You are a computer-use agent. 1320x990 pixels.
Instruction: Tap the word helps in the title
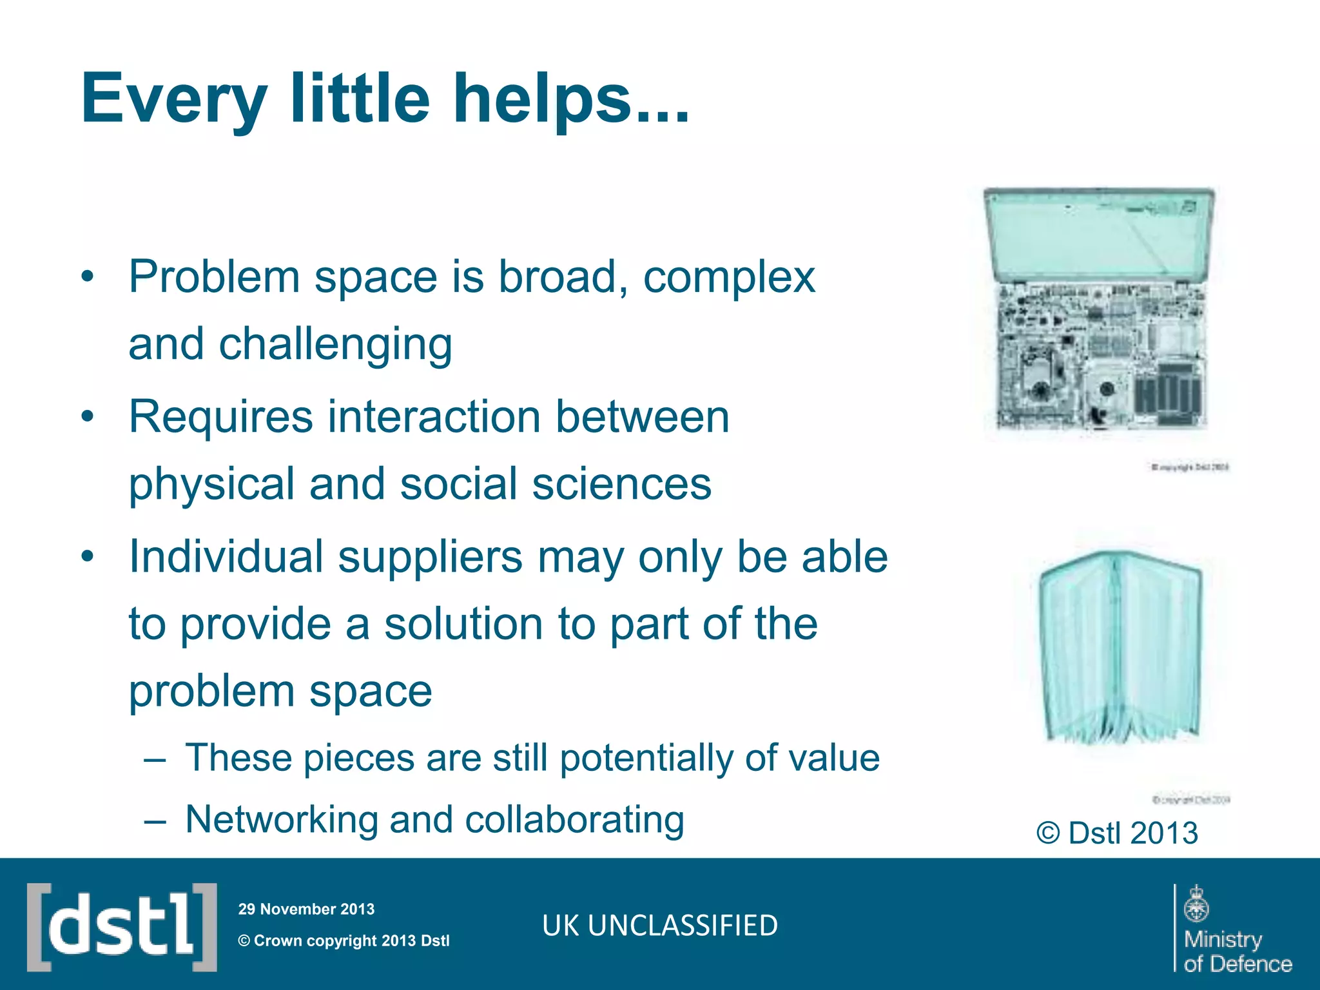point(543,100)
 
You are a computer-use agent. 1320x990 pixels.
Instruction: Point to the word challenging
point(335,345)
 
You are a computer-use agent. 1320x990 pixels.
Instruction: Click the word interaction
point(434,417)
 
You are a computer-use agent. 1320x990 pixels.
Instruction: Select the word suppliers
point(430,558)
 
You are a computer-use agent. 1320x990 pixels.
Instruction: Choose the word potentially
point(646,759)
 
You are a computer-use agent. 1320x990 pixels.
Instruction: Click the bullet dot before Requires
point(88,416)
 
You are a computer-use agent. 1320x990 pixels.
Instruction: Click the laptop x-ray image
point(1099,309)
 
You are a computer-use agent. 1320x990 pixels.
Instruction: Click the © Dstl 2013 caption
point(1117,833)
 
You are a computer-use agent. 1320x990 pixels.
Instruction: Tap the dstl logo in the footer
point(122,926)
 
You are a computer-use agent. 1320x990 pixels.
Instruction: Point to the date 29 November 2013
point(306,909)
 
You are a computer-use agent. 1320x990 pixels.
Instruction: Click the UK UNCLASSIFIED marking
point(660,926)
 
